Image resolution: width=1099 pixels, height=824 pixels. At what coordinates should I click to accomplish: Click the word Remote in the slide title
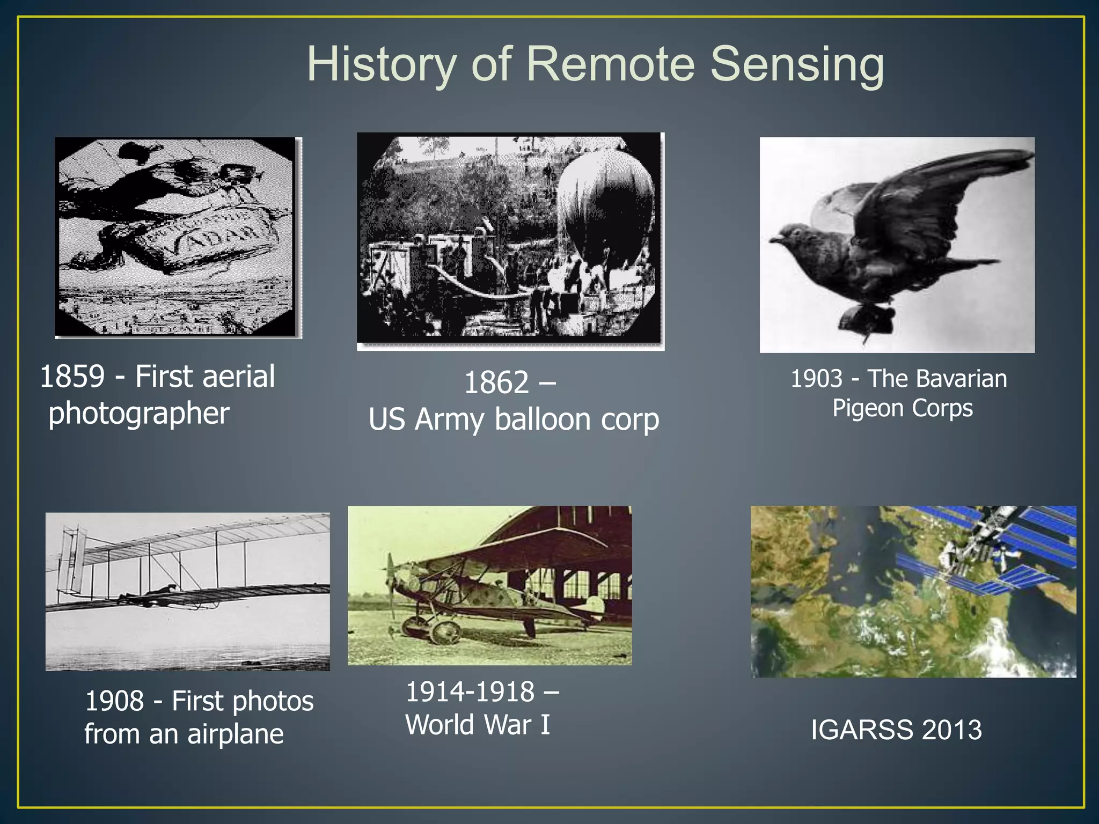[611, 64]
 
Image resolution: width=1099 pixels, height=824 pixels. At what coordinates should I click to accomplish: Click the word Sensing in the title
[797, 65]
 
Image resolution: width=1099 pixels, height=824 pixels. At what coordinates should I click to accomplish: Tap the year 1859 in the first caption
[72, 377]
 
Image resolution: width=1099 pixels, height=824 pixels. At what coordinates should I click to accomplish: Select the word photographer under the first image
[139, 414]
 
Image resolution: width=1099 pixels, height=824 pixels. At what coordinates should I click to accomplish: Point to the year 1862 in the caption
[496, 383]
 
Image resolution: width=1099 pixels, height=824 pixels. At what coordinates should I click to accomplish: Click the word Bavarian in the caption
[964, 379]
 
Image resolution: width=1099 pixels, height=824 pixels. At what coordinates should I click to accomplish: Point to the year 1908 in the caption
[115, 701]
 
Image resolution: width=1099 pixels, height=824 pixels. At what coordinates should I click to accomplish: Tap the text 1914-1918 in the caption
[470, 692]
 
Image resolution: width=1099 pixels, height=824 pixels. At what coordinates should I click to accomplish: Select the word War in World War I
[507, 725]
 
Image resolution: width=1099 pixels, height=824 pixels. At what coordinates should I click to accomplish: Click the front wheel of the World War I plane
[444, 632]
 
